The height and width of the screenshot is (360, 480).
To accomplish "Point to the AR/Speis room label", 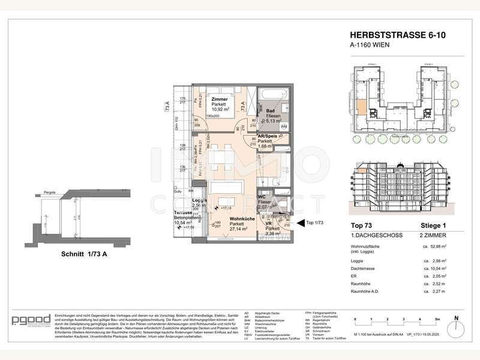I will [267, 136].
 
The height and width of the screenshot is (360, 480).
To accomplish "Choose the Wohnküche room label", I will [225, 217].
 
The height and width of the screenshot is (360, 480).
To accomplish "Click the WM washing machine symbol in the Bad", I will [284, 127].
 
